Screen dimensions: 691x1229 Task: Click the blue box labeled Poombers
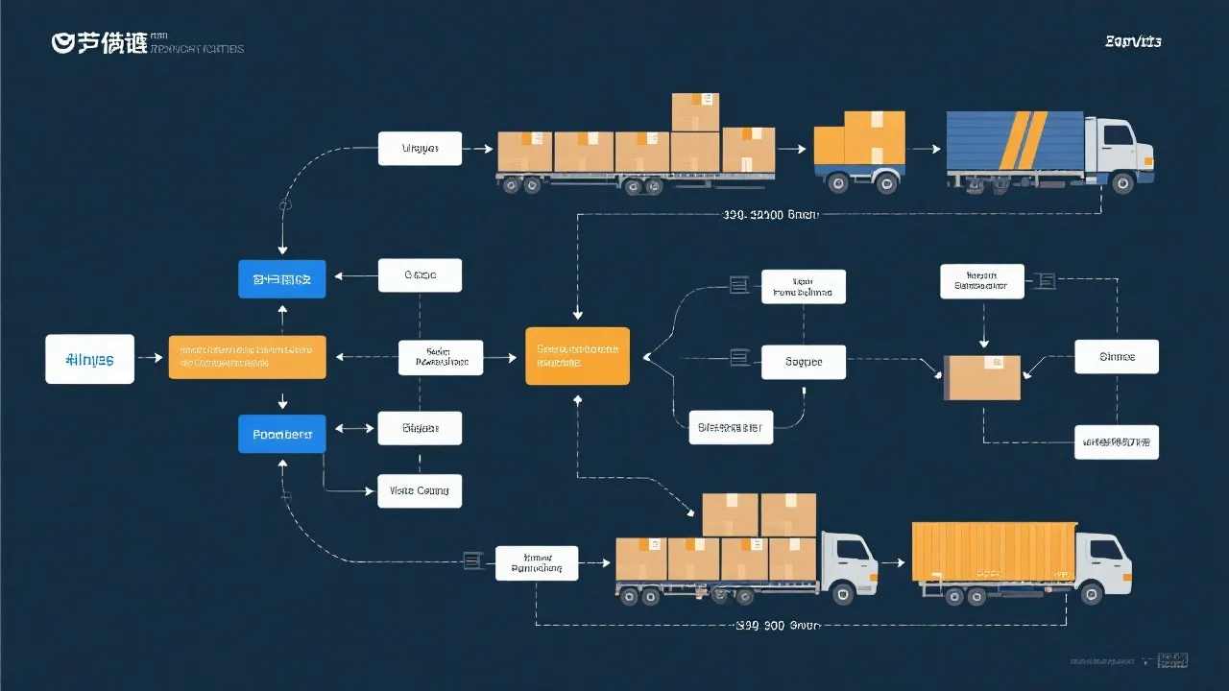[x=281, y=434]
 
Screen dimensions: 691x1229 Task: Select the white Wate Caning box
[x=420, y=490]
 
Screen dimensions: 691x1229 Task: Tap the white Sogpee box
[x=804, y=362]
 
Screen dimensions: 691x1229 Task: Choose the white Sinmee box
[x=1117, y=356]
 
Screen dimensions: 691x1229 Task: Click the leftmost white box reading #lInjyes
[x=89, y=360]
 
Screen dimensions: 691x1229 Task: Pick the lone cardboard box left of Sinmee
[x=982, y=377]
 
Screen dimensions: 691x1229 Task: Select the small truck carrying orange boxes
[x=859, y=152]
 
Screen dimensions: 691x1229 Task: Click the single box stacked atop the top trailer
[x=695, y=111]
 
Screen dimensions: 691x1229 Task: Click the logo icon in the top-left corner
[x=62, y=43]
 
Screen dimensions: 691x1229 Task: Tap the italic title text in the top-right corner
[x=1133, y=41]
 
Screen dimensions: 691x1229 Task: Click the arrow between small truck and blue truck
[x=924, y=150]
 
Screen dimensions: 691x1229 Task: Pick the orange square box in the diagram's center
[x=578, y=356]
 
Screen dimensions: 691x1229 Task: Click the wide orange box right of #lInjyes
[x=247, y=357]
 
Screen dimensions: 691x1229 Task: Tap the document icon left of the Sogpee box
[x=738, y=358]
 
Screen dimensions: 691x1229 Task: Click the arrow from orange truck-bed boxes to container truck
[x=892, y=562]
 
